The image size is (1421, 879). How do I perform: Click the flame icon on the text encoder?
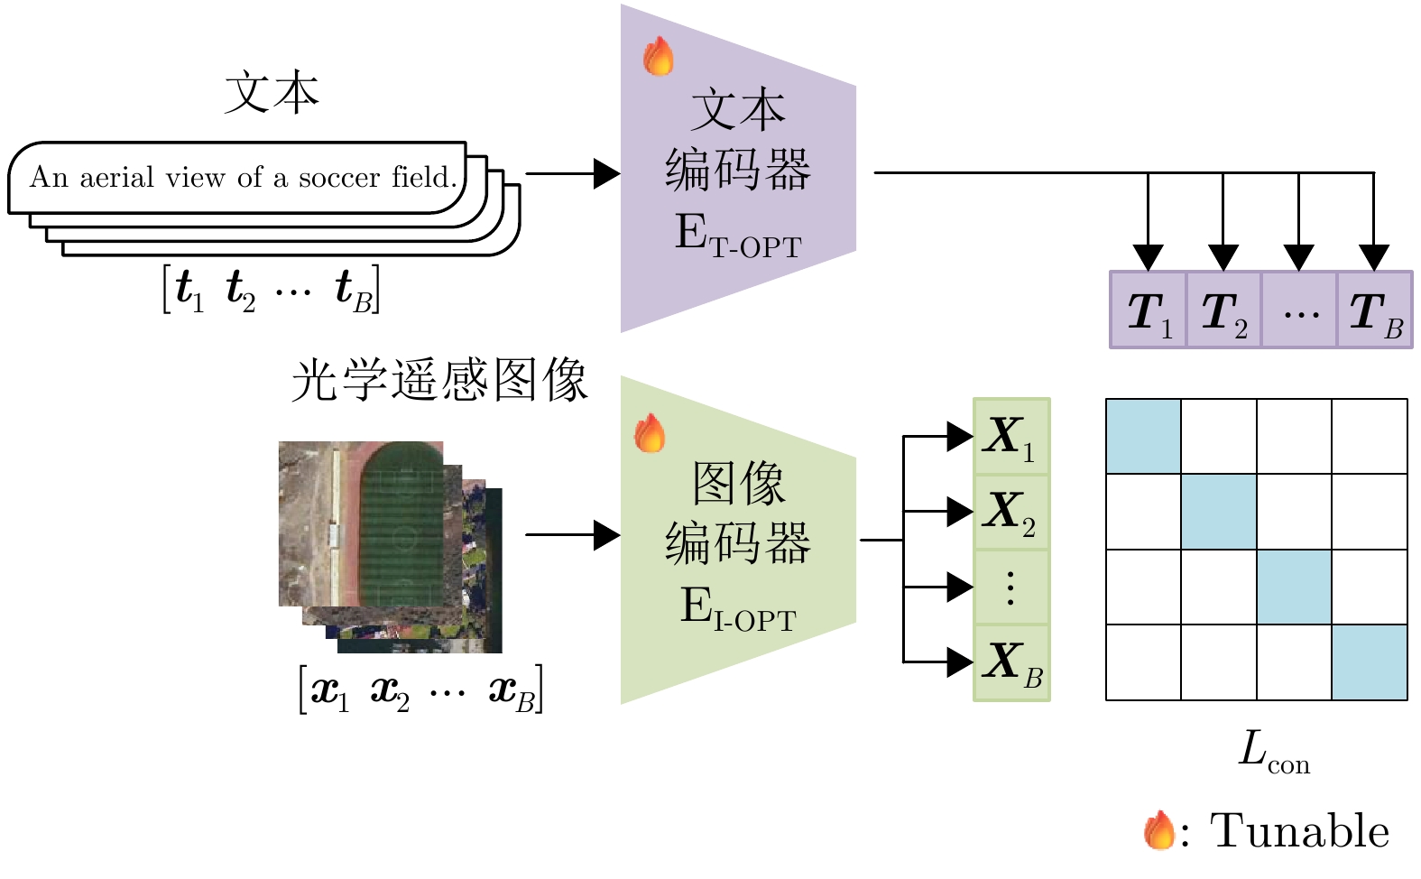pos(659,56)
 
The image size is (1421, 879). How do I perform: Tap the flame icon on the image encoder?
pos(650,433)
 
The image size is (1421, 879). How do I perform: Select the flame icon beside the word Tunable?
pos(1159,830)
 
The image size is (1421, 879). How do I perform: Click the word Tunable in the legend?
pos(1299,831)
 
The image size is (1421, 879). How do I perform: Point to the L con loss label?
pos(1273,752)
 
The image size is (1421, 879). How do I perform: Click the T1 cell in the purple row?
pos(1148,310)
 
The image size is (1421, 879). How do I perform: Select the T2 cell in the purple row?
pos(1223,310)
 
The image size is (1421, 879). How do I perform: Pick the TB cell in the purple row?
pos(1374,310)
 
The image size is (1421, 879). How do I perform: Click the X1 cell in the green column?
pos(1011,437)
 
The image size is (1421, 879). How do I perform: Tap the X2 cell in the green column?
pos(1011,512)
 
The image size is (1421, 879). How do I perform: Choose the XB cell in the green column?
pos(1011,662)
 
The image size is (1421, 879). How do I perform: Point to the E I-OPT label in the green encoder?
pos(738,608)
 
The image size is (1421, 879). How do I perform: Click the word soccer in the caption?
pos(339,177)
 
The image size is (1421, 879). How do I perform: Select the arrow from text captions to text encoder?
pos(572,173)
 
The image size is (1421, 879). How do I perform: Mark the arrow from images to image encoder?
pos(572,534)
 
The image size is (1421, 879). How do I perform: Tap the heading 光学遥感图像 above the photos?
pos(439,380)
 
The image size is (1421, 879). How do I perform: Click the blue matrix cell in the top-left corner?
pos(1144,437)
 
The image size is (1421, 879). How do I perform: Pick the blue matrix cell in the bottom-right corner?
pos(1370,662)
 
